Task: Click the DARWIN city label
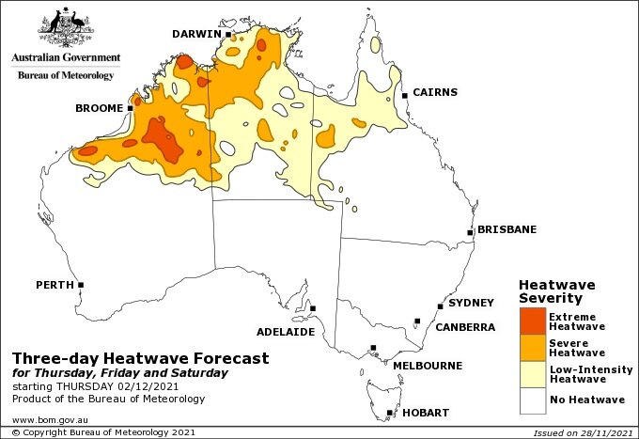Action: (195, 34)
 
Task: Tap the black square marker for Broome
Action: (130, 108)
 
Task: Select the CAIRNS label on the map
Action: (435, 92)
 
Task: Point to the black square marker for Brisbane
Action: (470, 232)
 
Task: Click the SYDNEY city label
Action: (471, 303)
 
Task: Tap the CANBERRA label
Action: (464, 327)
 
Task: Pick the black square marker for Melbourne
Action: (373, 348)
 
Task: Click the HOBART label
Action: (425, 413)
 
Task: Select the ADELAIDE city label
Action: (285, 332)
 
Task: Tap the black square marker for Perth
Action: (81, 285)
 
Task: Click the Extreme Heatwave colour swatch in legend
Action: (532, 321)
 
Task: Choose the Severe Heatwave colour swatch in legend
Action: (532, 348)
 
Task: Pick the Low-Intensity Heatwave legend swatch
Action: (532, 374)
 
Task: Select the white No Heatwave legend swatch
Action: (532, 400)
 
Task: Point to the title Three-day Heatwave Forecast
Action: (140, 358)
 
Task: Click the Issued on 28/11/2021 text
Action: (582, 432)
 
